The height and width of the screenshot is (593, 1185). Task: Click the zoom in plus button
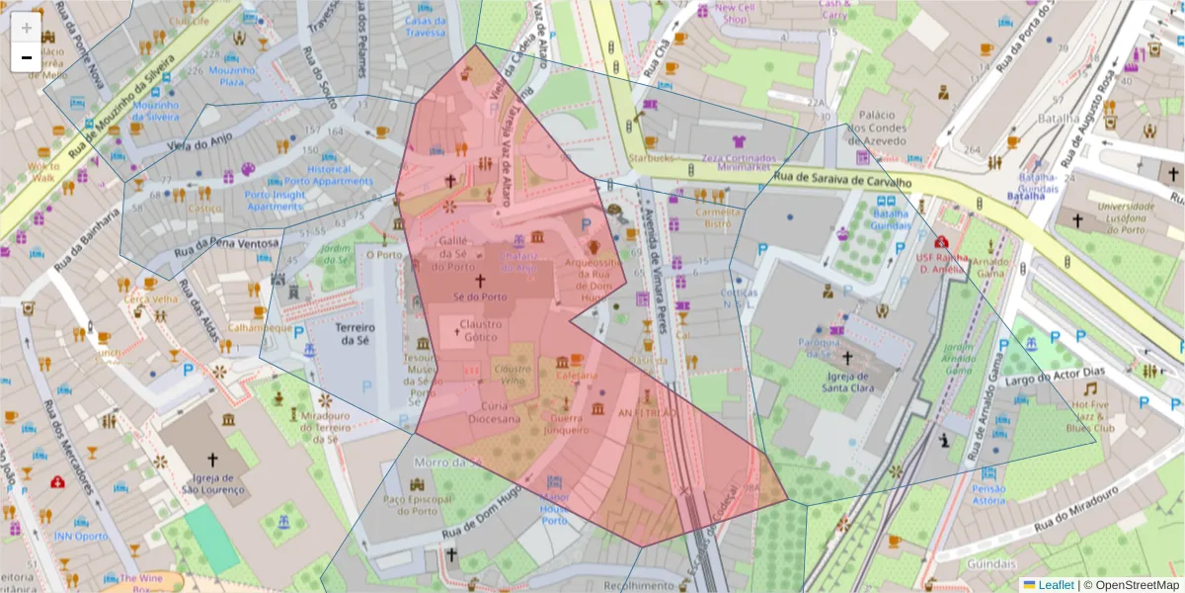click(x=26, y=27)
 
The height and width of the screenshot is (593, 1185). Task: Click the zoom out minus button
click(x=26, y=57)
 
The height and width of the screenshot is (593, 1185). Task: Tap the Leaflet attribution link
click(x=1056, y=584)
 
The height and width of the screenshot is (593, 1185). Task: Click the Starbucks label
click(x=650, y=158)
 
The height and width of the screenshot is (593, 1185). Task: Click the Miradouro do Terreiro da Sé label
click(x=325, y=424)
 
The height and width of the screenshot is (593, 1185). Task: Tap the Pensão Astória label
click(x=988, y=494)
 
